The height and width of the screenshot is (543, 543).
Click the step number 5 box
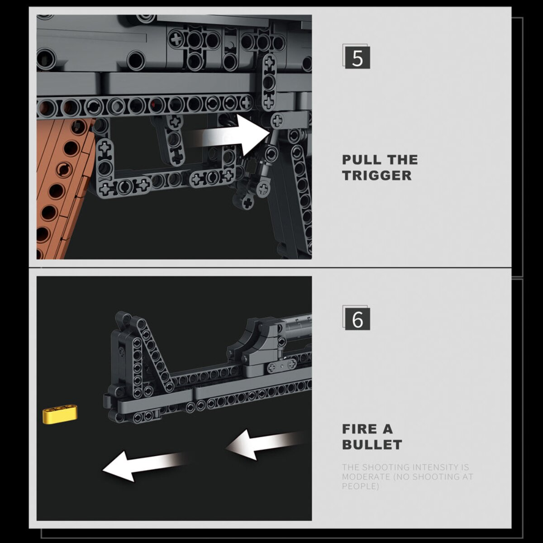(357, 57)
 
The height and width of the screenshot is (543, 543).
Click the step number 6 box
(357, 319)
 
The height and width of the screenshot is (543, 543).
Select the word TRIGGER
(377, 175)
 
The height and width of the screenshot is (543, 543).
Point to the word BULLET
(372, 445)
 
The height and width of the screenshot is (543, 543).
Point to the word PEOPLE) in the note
(360, 486)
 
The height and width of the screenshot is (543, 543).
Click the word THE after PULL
(403, 160)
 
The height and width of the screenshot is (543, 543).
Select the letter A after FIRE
(387, 429)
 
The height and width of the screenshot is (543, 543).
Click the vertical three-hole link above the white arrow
(269, 82)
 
